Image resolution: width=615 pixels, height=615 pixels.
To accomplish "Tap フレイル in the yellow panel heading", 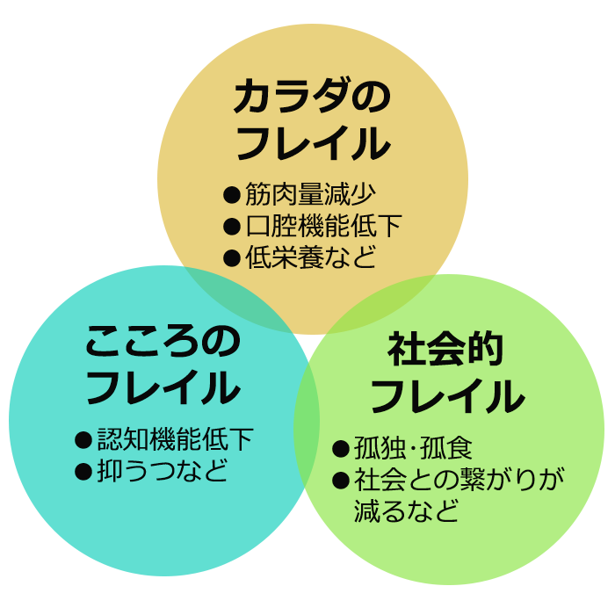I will [312, 143].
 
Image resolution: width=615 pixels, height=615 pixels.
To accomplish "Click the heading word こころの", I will [163, 342].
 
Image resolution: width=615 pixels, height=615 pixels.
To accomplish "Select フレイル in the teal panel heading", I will [163, 387].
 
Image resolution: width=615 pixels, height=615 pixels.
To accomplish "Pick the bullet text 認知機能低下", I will [175, 439].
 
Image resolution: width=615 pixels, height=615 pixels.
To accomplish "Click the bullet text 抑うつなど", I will [163, 470].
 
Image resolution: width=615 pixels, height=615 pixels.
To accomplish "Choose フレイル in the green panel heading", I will [446, 396].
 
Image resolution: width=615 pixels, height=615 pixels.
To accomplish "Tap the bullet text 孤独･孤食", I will [413, 449].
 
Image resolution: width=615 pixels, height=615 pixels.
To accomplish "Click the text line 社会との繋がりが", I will [459, 481].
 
